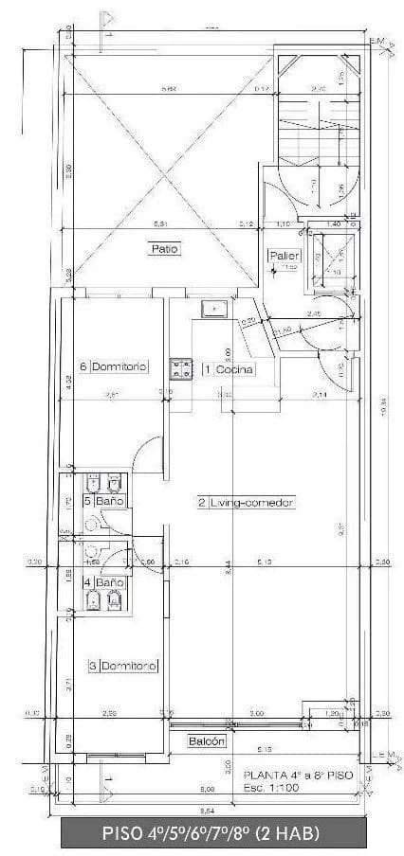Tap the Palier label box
point(285,256)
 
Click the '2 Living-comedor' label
point(248,502)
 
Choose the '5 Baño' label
point(104,500)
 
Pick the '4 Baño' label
point(104,583)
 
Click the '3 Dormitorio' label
point(122,665)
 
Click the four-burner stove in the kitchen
point(180,367)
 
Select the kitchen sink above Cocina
point(214,308)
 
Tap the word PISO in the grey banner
point(125,833)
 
